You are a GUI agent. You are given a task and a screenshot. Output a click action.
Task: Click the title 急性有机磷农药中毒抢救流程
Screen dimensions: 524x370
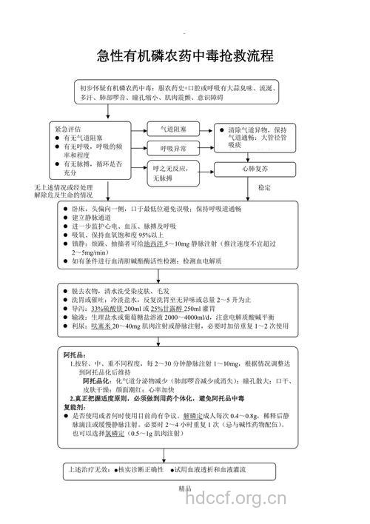point(185,56)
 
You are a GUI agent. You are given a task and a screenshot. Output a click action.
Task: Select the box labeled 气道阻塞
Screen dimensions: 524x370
point(175,129)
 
